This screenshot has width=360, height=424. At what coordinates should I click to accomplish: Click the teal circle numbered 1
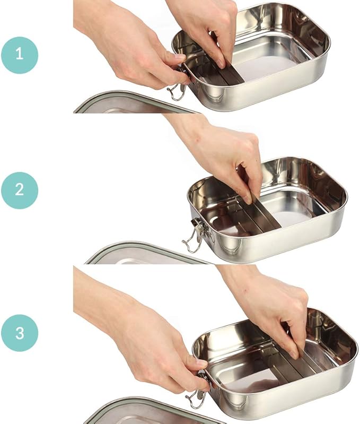coord(20,55)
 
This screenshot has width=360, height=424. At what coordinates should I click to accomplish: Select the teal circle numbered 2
coord(20,191)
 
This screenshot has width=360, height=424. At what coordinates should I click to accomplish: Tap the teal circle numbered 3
coord(20,333)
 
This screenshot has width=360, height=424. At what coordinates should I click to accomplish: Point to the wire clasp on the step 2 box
coord(195,235)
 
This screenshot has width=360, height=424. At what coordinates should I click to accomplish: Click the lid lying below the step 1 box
coord(135,104)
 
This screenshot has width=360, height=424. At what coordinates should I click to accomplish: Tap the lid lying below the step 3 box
coord(154,411)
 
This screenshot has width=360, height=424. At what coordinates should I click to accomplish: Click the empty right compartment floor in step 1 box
coord(267,68)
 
